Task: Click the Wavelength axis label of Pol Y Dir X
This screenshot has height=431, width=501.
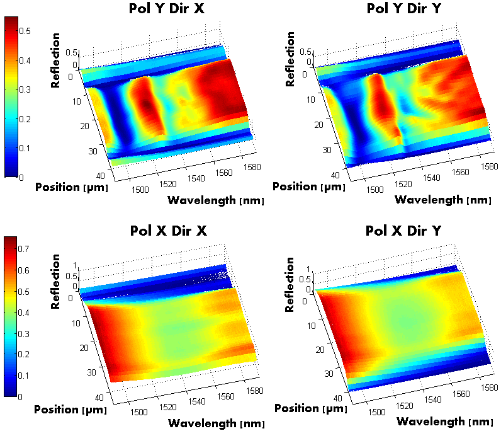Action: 215,200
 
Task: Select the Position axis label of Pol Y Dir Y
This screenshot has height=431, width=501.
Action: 308,187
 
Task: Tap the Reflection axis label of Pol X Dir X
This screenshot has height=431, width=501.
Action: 55,281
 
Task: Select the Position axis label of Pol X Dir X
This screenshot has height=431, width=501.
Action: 71,409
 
